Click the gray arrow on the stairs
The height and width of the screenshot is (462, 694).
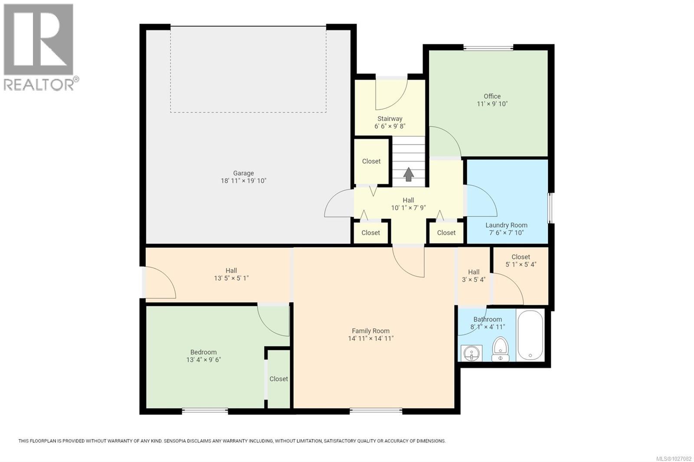(x=408, y=174)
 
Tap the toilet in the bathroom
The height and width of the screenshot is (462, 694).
(x=500, y=349)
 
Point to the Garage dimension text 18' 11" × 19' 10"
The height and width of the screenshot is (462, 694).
(x=243, y=181)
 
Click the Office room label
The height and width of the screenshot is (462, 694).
(x=492, y=96)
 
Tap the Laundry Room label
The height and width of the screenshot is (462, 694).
(x=506, y=225)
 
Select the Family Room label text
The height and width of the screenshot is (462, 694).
(x=370, y=331)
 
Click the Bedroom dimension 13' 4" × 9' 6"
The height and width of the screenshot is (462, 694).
(x=203, y=360)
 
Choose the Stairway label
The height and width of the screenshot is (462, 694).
(x=390, y=118)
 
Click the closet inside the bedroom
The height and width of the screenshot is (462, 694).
(x=278, y=378)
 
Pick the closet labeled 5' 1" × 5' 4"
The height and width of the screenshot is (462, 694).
(x=520, y=260)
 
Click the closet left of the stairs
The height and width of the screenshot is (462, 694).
(x=371, y=161)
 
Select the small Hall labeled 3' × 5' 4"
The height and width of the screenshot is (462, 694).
(x=474, y=276)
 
